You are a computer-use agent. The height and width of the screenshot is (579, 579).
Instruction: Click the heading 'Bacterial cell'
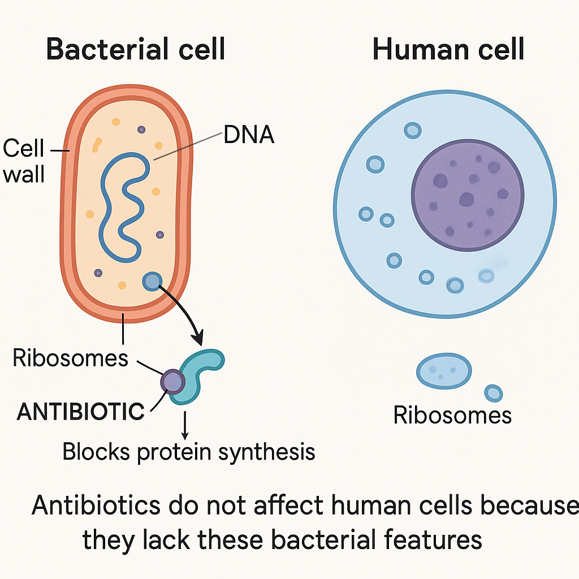(136, 49)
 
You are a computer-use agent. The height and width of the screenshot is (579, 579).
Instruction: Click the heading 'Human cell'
(448, 49)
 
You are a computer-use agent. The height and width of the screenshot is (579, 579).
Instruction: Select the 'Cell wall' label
(24, 161)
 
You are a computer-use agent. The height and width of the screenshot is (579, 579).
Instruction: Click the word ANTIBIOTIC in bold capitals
(81, 412)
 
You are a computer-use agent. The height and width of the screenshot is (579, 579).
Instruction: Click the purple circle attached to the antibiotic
(172, 382)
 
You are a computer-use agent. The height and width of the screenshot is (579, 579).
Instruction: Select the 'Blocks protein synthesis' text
(188, 452)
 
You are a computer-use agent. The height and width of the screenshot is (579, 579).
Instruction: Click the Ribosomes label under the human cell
(452, 415)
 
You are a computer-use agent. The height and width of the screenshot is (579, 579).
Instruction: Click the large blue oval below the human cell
(444, 371)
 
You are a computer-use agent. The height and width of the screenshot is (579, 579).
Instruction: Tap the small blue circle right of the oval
(494, 393)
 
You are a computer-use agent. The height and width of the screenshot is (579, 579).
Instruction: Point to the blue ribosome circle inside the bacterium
(152, 281)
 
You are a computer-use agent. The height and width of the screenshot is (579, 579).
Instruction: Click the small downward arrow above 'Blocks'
(185, 426)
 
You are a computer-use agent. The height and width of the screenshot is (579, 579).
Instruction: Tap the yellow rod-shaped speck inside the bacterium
(97, 145)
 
